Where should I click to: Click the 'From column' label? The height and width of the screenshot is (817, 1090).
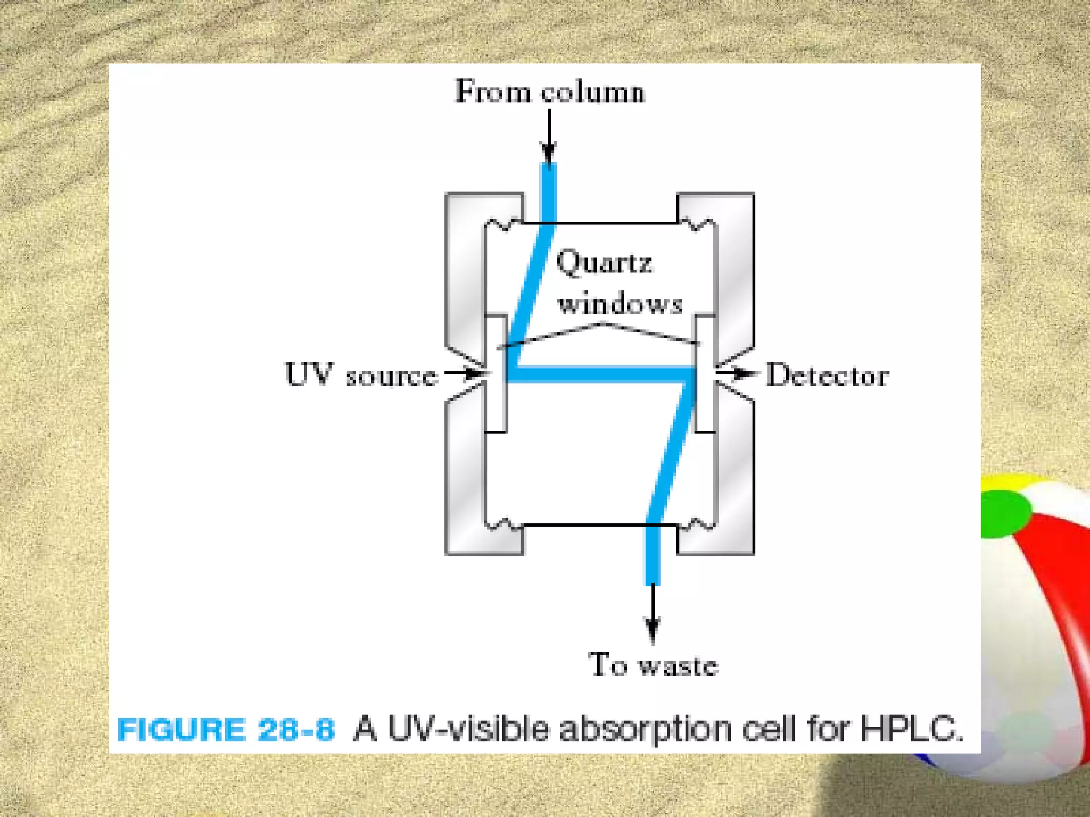[x=549, y=91]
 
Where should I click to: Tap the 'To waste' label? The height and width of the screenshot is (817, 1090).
[x=653, y=665]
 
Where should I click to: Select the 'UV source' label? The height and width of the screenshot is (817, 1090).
[x=361, y=374]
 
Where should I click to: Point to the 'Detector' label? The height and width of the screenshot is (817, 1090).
[x=827, y=376]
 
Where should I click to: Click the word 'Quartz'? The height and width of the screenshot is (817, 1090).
[x=604, y=263]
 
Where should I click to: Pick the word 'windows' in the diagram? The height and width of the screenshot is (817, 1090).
[x=620, y=303]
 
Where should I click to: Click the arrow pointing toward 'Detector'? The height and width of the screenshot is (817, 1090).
[x=737, y=373]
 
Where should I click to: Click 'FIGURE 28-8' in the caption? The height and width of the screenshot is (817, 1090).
[x=226, y=729]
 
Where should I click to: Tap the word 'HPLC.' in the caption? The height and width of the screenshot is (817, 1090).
[x=912, y=728]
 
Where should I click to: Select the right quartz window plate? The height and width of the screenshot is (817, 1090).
[x=704, y=373]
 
